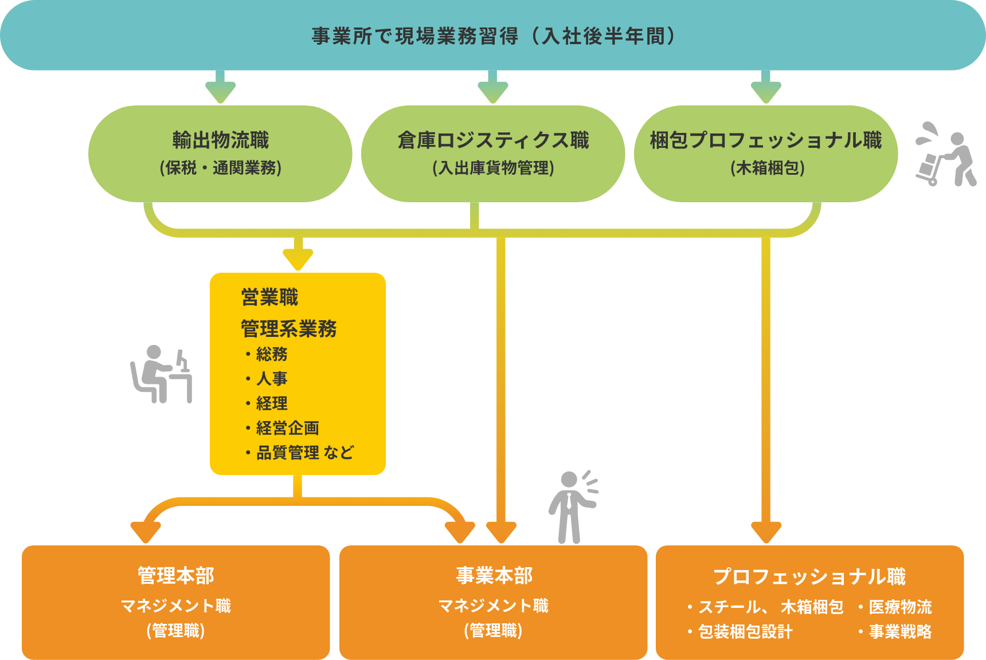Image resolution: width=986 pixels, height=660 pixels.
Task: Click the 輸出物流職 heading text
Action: click(x=221, y=140)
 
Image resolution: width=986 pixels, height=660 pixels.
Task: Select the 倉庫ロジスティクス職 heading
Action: click(x=494, y=140)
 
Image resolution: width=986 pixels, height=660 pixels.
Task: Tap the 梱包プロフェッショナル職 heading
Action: click(x=766, y=140)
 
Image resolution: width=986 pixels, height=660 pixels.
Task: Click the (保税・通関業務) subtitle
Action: click(x=221, y=168)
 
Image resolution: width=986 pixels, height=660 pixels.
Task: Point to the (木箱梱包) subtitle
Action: click(x=768, y=168)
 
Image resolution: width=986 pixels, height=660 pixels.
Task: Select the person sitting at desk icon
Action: click(x=161, y=375)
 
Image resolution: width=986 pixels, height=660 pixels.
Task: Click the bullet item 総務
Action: click(x=272, y=354)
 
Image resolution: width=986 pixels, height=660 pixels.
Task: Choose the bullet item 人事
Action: click(x=272, y=379)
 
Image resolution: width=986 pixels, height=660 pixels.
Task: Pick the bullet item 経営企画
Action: click(x=287, y=428)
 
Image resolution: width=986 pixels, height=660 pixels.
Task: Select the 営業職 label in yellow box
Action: click(x=270, y=298)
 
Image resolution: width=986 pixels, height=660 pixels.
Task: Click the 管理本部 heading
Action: click(x=176, y=576)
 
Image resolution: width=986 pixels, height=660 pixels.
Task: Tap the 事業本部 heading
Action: click(x=494, y=576)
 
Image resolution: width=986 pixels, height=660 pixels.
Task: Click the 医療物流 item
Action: click(x=900, y=607)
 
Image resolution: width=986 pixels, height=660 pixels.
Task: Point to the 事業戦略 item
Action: click(x=900, y=632)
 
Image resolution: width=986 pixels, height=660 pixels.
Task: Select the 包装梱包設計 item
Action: click(x=745, y=632)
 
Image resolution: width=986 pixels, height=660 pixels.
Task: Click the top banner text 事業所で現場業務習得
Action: click(x=415, y=36)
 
